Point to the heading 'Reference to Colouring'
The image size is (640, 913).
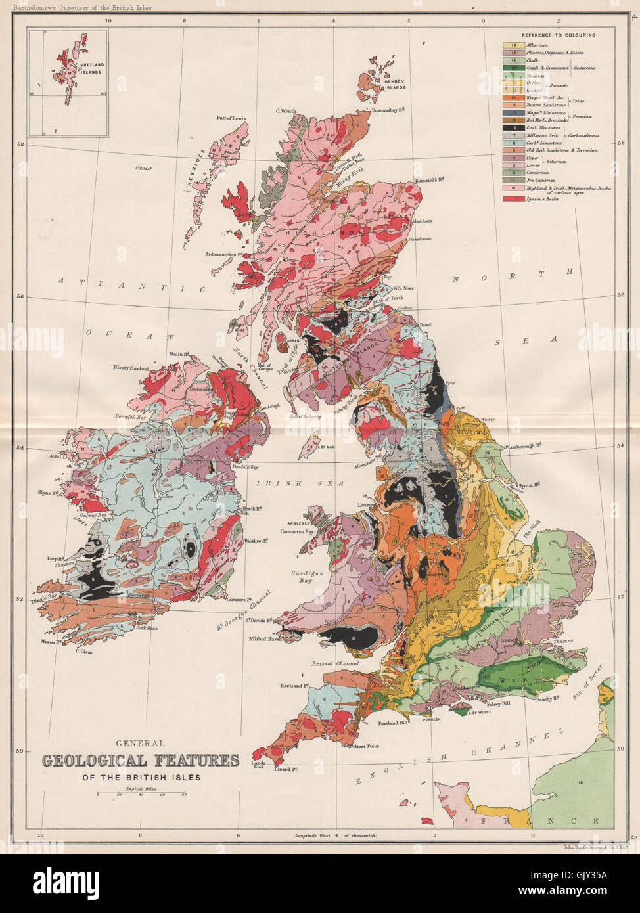pyautogui.click(x=558, y=35)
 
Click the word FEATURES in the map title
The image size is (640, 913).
pyautogui.click(x=196, y=761)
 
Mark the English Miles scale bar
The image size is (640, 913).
pyautogui.click(x=141, y=794)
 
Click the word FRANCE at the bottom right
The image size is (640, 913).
pyautogui.click(x=539, y=821)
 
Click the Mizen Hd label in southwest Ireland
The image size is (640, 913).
pyautogui.click(x=51, y=642)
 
